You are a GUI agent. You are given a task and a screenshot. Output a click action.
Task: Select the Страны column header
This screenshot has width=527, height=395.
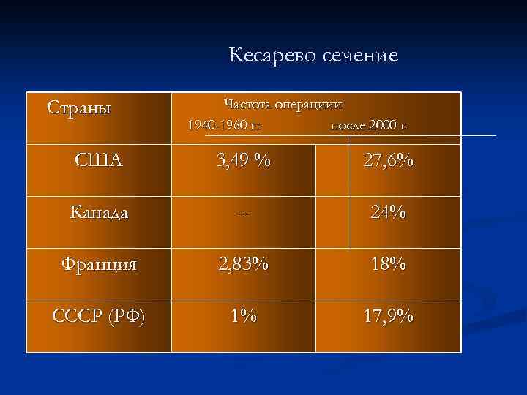[x=78, y=108]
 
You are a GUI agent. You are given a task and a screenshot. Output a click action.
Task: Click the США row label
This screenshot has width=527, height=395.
[x=99, y=160]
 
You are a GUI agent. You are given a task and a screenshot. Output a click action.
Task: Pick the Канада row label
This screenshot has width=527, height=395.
[x=99, y=213]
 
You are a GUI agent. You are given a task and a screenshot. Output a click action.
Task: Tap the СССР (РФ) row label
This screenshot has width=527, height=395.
[x=99, y=317]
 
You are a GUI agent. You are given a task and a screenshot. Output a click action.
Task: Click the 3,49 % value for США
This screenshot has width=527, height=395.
[x=242, y=160]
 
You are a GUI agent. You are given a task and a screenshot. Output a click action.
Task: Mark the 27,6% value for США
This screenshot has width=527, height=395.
[x=388, y=160]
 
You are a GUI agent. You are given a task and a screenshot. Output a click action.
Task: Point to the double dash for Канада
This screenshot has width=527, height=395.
[x=243, y=214]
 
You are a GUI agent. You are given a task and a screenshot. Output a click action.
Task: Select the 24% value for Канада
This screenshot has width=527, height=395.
[x=388, y=213]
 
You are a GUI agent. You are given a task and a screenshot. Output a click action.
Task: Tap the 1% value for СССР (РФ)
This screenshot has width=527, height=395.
[x=242, y=317]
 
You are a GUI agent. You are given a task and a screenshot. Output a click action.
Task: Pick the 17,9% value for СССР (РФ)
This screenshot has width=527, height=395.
[x=388, y=317]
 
